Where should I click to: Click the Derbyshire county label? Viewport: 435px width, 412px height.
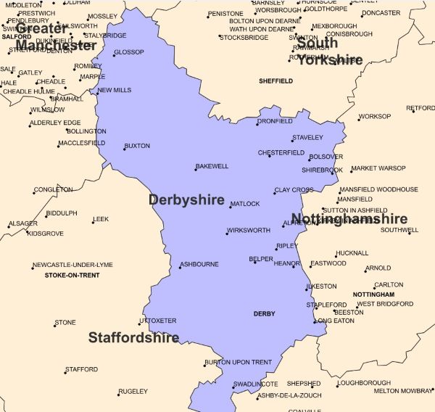[186, 199]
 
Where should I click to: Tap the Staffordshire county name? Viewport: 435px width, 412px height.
[133, 337]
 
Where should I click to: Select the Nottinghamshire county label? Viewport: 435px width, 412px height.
[349, 218]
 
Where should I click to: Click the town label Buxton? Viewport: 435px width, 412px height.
[138, 146]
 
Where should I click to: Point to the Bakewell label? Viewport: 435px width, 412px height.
[212, 166]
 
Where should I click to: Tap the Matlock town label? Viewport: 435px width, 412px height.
[245, 204]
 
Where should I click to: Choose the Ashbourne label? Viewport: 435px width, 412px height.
[199, 264]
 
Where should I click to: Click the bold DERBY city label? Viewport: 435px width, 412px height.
[264, 314]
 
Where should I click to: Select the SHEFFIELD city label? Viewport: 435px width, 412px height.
[275, 81]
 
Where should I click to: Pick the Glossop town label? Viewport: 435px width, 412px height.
[130, 52]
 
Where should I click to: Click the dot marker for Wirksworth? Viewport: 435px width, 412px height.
[226, 233]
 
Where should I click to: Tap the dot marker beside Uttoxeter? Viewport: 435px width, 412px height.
[140, 324]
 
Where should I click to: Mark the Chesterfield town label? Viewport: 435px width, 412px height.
[282, 153]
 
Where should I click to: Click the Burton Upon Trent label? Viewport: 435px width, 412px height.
[239, 362]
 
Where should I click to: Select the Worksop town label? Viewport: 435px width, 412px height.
[375, 116]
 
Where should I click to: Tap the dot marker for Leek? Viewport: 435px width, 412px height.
[93, 221]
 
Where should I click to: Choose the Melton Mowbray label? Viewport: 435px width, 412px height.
[402, 391]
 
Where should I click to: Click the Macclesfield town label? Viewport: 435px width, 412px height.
[81, 143]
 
